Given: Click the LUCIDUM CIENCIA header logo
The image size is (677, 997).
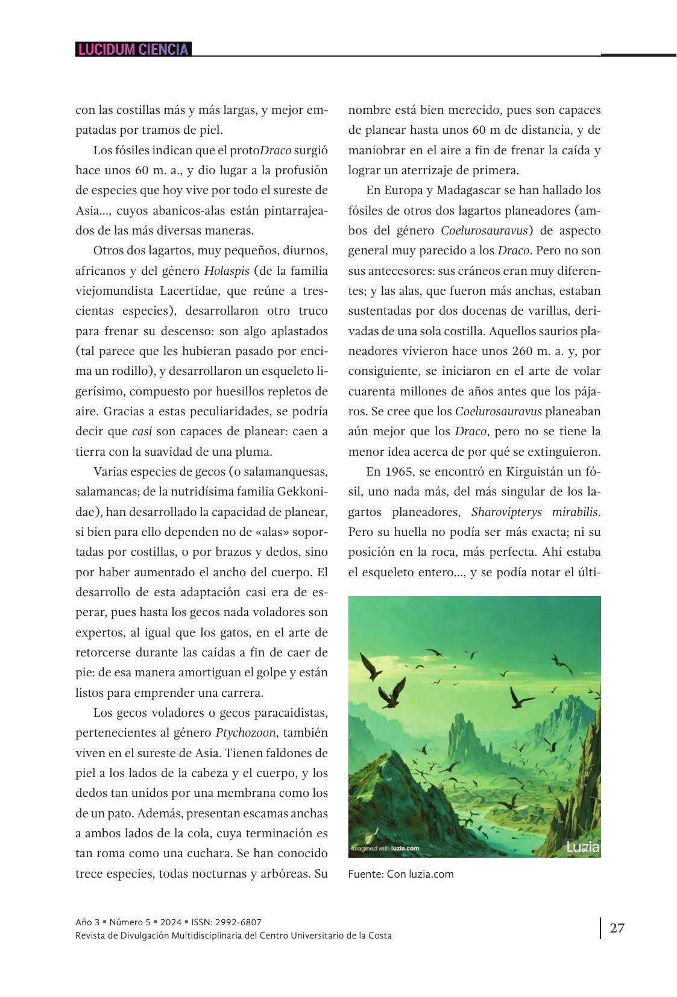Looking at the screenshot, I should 133,49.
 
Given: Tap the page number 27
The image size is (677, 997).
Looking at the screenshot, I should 617,928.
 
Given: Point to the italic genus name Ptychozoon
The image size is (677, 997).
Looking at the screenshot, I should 245,733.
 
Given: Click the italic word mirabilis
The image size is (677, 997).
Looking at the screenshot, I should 573,512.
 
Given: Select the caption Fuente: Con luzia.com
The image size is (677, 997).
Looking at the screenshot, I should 401,874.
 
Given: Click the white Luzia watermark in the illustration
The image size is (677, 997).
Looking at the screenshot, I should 583,848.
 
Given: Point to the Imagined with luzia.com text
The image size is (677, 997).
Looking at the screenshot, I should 385,849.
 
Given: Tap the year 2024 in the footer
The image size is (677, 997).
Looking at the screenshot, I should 171,922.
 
